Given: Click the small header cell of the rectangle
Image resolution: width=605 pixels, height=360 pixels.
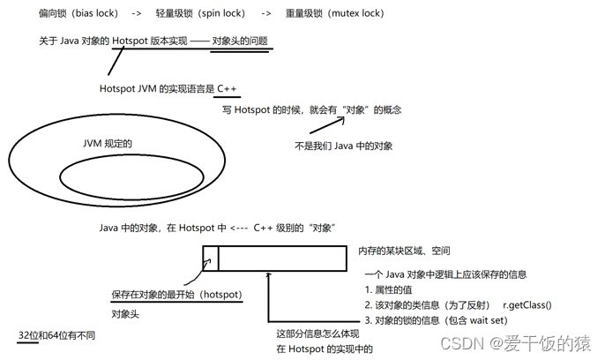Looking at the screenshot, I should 210,258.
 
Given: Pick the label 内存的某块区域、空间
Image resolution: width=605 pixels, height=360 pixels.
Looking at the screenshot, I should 404,252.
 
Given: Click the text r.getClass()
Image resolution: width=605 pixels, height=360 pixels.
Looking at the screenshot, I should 527,304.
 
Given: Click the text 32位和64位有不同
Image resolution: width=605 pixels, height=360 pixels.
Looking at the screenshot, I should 56,336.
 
